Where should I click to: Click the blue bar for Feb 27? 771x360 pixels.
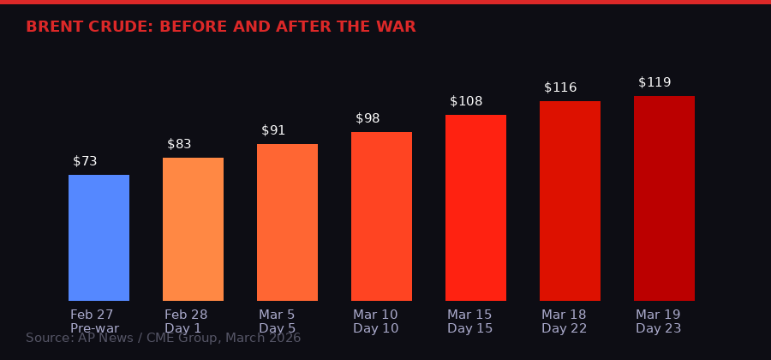[99, 237]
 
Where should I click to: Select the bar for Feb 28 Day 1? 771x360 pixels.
[193, 229]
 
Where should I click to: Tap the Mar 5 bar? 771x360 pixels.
[287, 222]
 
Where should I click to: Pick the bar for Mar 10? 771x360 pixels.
[381, 216]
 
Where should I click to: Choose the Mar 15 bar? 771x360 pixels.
[475, 207]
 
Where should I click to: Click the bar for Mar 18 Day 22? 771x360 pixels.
[570, 201]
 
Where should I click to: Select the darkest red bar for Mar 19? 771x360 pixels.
[664, 198]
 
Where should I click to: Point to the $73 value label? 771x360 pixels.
[85, 161]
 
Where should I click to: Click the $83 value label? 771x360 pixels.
[179, 144]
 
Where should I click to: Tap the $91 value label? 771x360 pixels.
[273, 130]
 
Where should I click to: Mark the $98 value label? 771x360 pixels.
[368, 118]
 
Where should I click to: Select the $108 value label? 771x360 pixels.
[466, 101]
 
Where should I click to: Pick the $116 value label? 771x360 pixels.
[560, 87]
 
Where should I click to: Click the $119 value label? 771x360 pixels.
[654, 82]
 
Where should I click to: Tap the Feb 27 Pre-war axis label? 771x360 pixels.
[94, 321]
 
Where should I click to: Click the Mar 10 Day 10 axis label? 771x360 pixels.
[375, 321]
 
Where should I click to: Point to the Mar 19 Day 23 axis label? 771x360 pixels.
[658, 321]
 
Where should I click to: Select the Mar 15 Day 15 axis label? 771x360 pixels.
[469, 321]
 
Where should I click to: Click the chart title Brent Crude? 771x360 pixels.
[220, 27]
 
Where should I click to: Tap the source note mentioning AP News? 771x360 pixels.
[163, 339]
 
